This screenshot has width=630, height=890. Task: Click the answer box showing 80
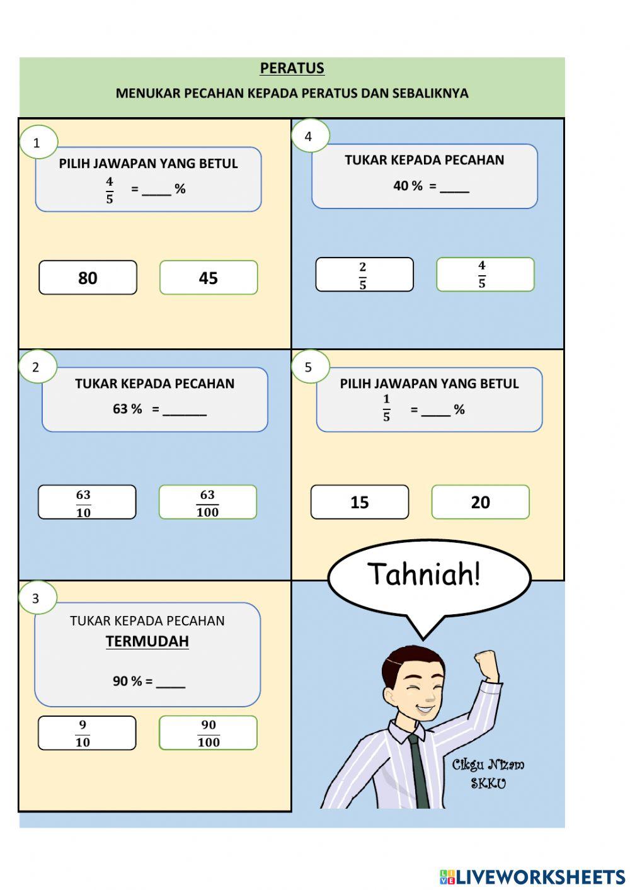coord(88,278)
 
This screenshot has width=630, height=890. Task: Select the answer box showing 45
coord(209,278)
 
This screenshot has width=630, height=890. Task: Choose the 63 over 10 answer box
coord(87,503)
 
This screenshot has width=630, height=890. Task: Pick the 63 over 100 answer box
coord(208,503)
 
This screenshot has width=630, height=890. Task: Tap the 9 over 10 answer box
coord(87,733)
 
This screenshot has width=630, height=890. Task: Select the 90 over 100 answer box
coord(208,733)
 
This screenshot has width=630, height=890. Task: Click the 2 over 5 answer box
coord(364,275)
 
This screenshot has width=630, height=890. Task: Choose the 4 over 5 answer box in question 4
coord(485,275)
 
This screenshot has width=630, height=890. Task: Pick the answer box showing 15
coord(360,503)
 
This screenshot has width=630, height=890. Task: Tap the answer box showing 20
coord(481,503)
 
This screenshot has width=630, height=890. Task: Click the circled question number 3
coord(37,598)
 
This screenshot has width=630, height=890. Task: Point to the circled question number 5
coord(309,367)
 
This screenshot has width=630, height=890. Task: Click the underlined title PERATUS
coord(292,68)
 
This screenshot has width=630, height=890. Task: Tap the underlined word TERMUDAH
coord(147,641)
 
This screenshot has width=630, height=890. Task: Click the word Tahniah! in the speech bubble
coord(424,574)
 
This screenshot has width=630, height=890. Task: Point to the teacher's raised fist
coord(486,663)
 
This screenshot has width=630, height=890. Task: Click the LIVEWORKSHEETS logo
coord(532,877)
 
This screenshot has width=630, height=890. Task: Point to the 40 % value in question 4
coord(408,186)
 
